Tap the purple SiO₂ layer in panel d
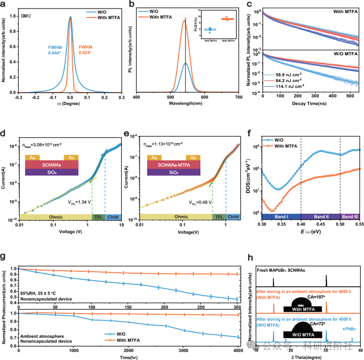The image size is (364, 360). click(52, 173)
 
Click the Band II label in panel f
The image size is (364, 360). click(320, 217)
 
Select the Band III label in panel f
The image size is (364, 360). click(350, 217)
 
